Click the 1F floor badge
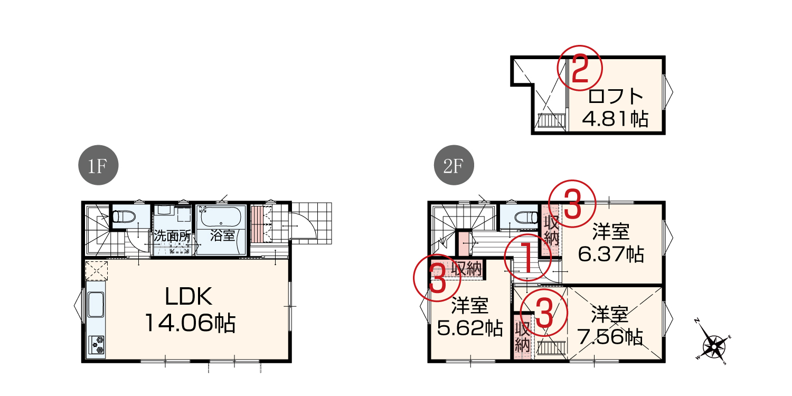tap(98, 165)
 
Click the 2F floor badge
tap(454, 165)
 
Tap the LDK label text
tap(188, 296)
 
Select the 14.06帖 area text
tap(190, 323)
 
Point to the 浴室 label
tap(222, 235)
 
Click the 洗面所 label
tap(172, 236)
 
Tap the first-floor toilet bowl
tap(124, 216)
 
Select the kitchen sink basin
tap(96, 305)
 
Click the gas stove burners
tap(96, 345)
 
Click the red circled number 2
tap(580, 68)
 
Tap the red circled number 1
tap(527, 258)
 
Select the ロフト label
tap(615, 97)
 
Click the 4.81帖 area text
tap(615, 119)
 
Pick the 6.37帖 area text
tap(611, 254)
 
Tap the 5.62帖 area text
tap(470, 328)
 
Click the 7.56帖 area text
tap(610, 337)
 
